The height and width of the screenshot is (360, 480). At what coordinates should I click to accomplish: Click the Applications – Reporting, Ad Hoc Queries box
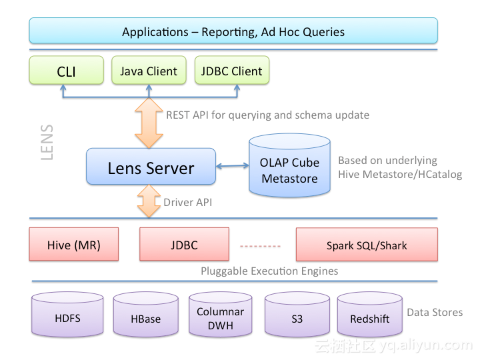tap(233, 31)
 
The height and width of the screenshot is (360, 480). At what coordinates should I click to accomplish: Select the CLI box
tap(67, 70)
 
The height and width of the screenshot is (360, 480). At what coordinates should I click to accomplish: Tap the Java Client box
tap(149, 70)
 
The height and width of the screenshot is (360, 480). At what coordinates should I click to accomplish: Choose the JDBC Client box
tap(232, 70)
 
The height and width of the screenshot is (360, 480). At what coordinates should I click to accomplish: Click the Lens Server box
tap(151, 166)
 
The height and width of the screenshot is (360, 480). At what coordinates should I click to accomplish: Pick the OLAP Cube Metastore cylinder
tap(289, 165)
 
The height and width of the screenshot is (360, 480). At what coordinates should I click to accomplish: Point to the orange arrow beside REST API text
tap(149, 123)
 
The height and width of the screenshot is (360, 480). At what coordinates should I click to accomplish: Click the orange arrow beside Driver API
tap(149, 201)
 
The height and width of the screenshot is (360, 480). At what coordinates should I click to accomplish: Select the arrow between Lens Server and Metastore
tap(233, 166)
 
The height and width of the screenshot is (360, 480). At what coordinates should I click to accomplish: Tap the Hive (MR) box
tap(74, 244)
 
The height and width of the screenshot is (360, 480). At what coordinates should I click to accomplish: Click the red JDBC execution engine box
tap(184, 244)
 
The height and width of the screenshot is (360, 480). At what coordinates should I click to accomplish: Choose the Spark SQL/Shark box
tap(367, 245)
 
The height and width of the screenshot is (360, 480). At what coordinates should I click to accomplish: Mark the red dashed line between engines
tap(260, 246)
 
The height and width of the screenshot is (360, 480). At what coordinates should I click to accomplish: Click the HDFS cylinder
tap(67, 315)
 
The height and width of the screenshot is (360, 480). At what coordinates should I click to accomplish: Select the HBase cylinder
tap(146, 315)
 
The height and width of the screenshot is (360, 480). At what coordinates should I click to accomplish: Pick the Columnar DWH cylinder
tap(221, 315)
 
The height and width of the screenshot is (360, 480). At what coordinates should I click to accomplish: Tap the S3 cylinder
tap(297, 315)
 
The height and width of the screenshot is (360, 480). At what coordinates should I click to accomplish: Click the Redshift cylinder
tap(370, 315)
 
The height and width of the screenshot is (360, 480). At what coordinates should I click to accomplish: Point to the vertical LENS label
tap(47, 142)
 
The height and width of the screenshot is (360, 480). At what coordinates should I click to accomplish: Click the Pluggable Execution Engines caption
tap(269, 271)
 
